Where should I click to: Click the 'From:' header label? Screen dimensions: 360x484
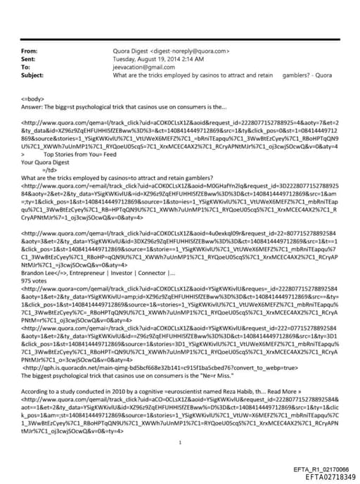[x=30, y=51]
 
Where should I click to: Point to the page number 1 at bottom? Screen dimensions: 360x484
[x=181, y=423]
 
